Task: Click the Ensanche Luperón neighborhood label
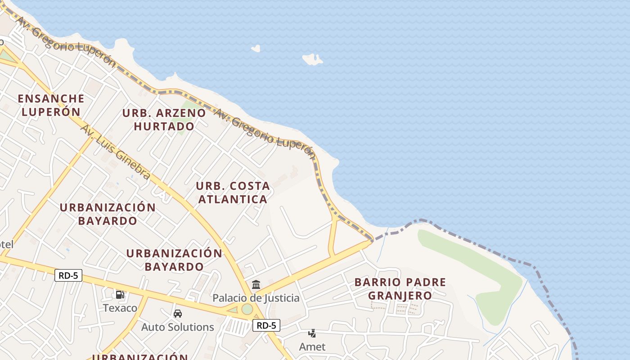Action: click(x=51, y=105)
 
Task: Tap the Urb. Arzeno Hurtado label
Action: click(x=164, y=119)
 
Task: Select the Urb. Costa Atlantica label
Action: click(x=233, y=192)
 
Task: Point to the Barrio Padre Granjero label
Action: click(x=400, y=288)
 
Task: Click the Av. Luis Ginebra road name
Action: click(x=115, y=152)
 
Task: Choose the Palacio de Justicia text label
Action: click(x=256, y=298)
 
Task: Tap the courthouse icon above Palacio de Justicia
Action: click(x=256, y=284)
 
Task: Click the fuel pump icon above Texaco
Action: click(x=120, y=295)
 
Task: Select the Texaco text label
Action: click(x=120, y=308)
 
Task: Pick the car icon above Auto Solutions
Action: click(x=178, y=313)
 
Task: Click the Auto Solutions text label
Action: click(x=178, y=327)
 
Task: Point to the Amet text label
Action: click(x=312, y=347)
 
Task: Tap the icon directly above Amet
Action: click(x=312, y=333)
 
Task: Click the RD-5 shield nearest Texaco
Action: click(x=68, y=275)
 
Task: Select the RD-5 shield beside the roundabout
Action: click(x=266, y=325)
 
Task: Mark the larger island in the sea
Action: click(x=312, y=59)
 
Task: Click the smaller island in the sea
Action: click(x=256, y=48)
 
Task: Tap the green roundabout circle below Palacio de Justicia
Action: click(x=247, y=309)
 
